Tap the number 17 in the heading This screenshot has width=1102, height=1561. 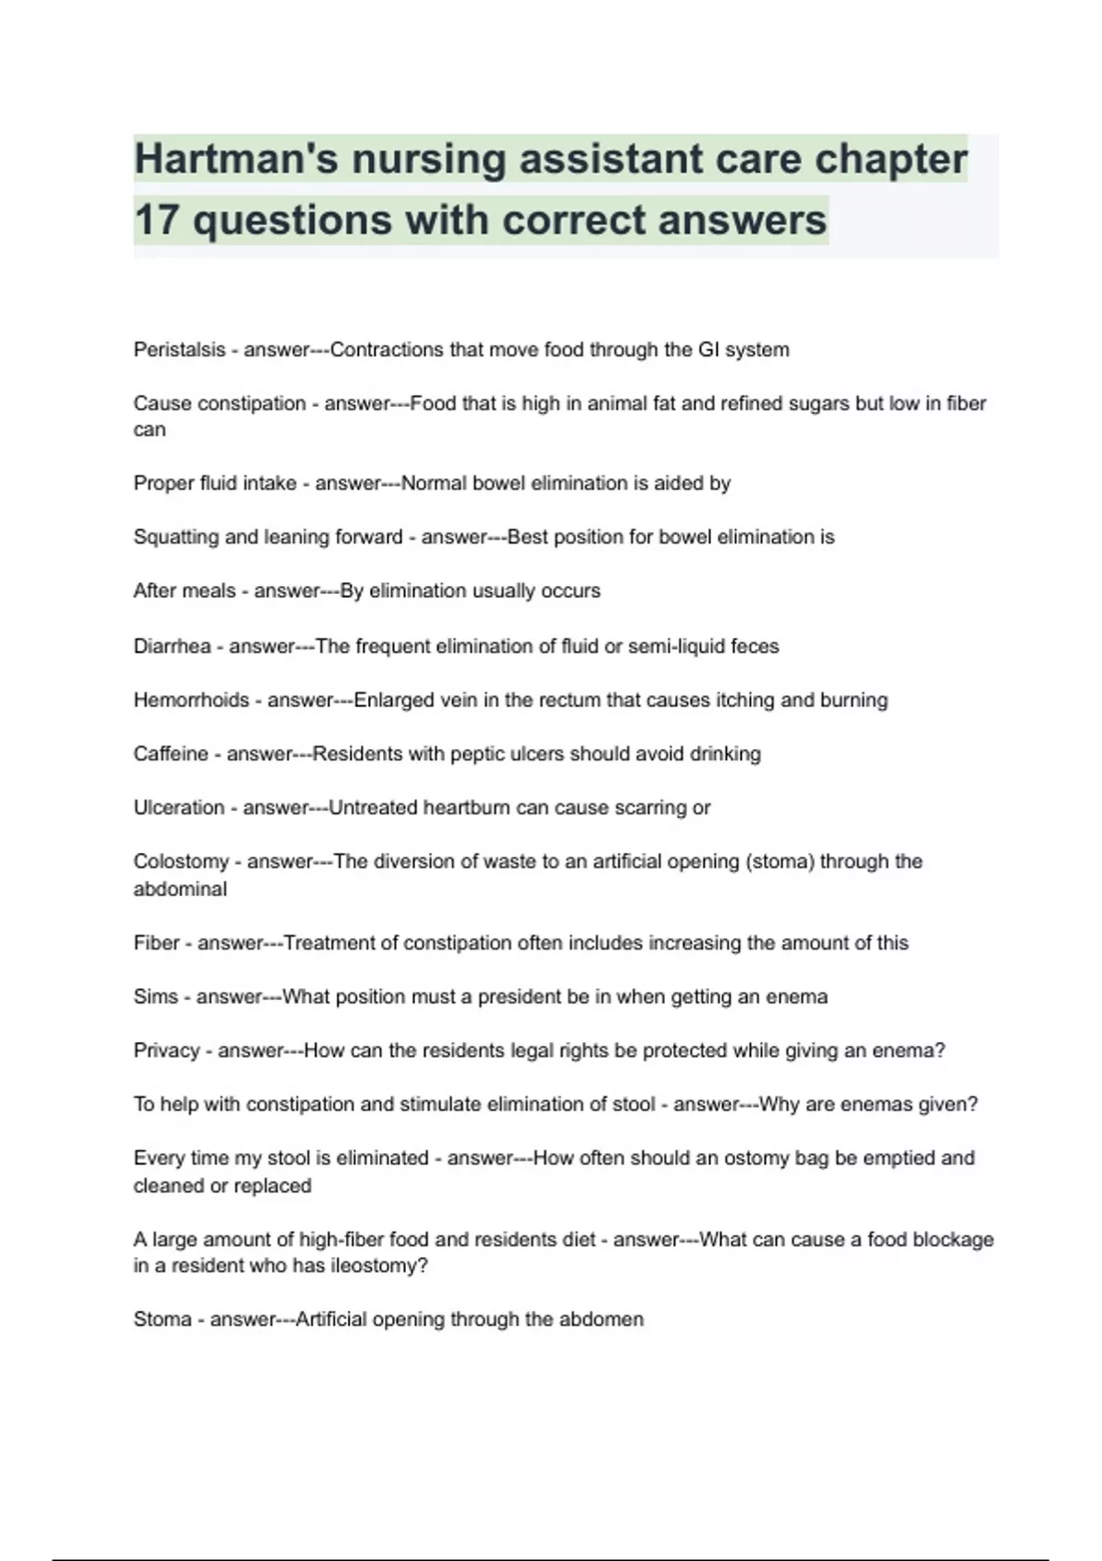point(157,220)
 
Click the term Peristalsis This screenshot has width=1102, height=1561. point(179,350)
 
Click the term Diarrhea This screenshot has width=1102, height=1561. point(172,646)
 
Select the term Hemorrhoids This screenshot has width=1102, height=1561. point(191,700)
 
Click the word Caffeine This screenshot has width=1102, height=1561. point(171,754)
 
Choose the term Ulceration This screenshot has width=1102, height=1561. point(178,808)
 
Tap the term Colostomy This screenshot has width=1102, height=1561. point(181,861)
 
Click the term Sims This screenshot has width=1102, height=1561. point(155,997)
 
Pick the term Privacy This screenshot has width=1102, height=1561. point(166,1050)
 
